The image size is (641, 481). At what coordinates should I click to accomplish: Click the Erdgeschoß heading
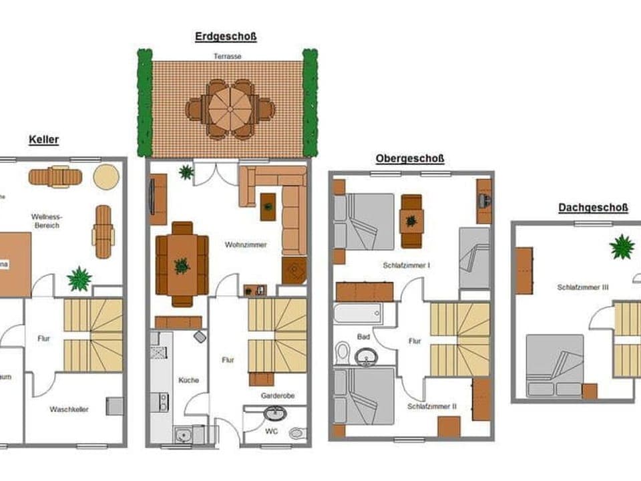pos(226,37)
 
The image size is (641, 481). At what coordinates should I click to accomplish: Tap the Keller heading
pos(44,140)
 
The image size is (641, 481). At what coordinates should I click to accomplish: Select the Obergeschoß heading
pos(410,158)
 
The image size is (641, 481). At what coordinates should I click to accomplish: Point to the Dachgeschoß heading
pos(593,208)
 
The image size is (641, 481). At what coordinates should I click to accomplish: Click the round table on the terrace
pos(229,109)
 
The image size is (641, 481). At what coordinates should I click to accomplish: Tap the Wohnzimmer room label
pos(246,245)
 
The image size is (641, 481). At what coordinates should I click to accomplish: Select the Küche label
pos(188,380)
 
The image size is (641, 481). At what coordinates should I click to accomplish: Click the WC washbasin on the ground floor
pos(274,414)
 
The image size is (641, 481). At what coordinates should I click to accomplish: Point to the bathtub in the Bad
pos(357,313)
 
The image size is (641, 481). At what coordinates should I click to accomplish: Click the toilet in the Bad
pos(343,352)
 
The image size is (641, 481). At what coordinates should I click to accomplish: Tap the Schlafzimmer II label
pos(431,406)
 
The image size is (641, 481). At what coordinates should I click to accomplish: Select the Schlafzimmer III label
pos(583,287)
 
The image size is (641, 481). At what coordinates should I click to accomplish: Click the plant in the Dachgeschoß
pos(622,247)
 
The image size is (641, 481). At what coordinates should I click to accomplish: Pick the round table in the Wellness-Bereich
pos(106,177)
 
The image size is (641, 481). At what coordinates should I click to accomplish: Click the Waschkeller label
pos(69,409)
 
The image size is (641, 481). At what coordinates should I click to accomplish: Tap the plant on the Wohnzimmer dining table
pos(182,266)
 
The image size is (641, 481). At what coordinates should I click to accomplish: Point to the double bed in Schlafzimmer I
pos(365,221)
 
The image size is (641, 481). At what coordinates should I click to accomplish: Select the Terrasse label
pos(227,57)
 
